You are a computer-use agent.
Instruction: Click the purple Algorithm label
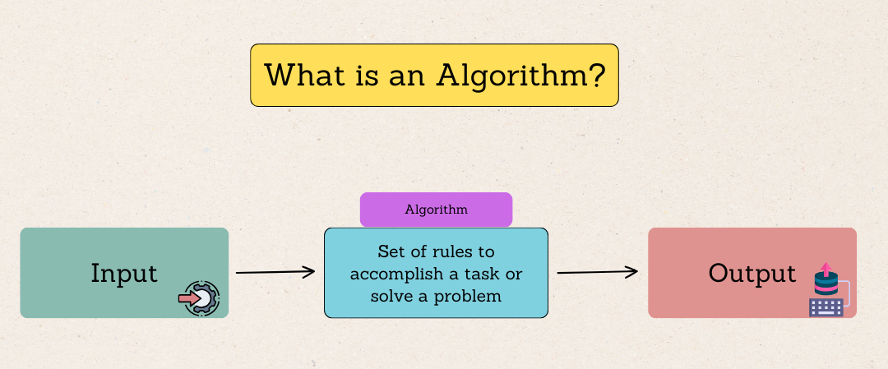tap(436, 210)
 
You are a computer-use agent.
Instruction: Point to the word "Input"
tap(124, 273)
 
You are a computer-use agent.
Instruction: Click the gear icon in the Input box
tap(199, 298)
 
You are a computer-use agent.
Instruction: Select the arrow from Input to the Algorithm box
tap(275, 271)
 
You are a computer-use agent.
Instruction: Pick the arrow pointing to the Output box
tap(598, 272)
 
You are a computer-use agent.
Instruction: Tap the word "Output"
tap(752, 273)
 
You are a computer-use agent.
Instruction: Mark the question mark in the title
tap(599, 75)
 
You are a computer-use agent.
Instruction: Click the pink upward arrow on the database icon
tap(824, 270)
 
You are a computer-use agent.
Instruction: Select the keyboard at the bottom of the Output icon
tap(826, 307)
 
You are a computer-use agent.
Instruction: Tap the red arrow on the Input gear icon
tap(189, 298)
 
